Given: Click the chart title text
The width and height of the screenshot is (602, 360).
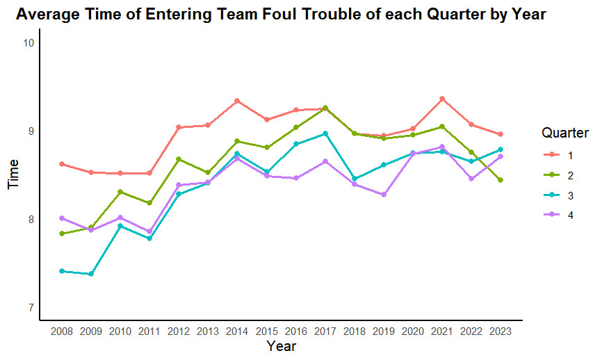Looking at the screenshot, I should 280,15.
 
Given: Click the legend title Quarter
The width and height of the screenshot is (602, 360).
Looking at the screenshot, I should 565,133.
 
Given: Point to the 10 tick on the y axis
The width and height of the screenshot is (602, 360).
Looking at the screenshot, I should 28,43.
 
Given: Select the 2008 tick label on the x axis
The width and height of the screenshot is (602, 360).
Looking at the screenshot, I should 62,332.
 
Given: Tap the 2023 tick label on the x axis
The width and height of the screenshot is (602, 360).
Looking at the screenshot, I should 500,332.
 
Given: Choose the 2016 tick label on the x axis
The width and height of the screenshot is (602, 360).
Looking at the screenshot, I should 295,332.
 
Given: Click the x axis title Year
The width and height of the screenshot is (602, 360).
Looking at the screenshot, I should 281,346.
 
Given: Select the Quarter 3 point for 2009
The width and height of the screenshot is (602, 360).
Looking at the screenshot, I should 91,274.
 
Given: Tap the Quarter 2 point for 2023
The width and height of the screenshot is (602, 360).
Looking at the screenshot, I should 500,180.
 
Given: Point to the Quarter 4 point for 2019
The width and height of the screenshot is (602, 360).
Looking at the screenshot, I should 384,195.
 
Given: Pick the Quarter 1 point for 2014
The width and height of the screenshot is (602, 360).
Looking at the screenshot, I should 237,101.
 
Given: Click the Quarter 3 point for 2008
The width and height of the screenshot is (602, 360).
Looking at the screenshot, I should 62,271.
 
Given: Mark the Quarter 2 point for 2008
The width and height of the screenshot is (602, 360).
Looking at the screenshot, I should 62,234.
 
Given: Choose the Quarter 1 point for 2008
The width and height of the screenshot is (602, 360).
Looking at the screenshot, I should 62,164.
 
